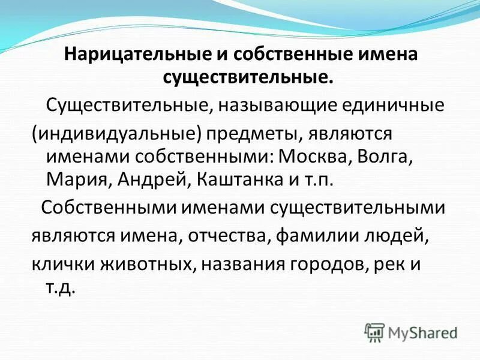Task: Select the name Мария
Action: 76,178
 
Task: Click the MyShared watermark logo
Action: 410,331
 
